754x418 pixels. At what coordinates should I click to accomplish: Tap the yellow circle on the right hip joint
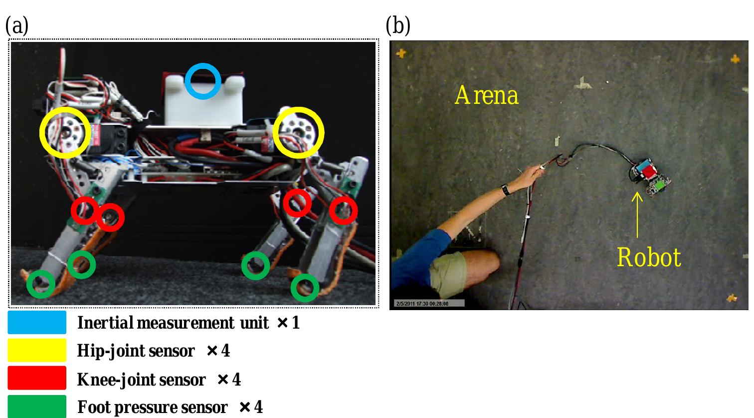pyautogui.click(x=299, y=132)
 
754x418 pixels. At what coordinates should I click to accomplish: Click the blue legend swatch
pyautogui.click(x=37, y=323)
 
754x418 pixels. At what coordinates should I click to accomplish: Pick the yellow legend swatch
pyautogui.click(x=37, y=351)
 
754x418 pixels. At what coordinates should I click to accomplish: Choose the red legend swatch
pyautogui.click(x=37, y=378)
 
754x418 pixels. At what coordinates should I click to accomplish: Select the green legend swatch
pyautogui.click(x=37, y=406)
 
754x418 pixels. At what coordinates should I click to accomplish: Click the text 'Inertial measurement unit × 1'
pyautogui.click(x=188, y=323)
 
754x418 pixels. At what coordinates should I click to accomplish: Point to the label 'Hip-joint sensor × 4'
pyautogui.click(x=154, y=351)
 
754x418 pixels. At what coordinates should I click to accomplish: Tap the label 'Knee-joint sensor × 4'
pyautogui.click(x=159, y=380)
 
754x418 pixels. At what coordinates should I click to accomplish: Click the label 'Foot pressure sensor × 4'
pyautogui.click(x=170, y=408)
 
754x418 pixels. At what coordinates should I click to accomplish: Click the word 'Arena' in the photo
pyautogui.click(x=486, y=95)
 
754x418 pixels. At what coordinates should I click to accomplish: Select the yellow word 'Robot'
pyautogui.click(x=649, y=258)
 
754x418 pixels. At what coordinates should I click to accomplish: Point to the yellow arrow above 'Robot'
pyautogui.click(x=637, y=215)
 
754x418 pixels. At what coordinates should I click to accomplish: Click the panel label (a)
pyautogui.click(x=17, y=26)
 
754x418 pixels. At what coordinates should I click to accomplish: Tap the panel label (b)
pyautogui.click(x=398, y=26)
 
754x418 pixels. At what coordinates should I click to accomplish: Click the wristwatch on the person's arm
pyautogui.click(x=506, y=189)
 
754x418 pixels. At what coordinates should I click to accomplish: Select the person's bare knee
pyautogui.click(x=486, y=262)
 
